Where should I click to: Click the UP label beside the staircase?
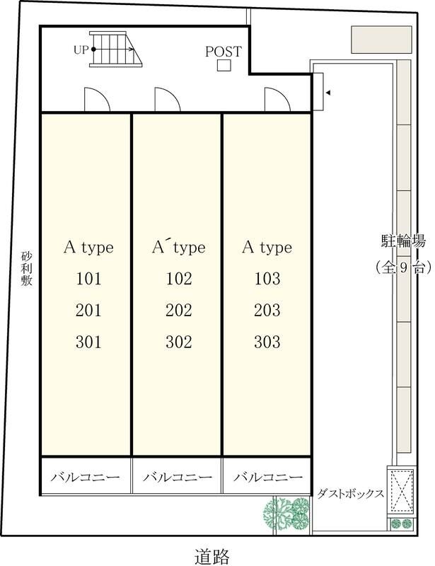coord(81,50)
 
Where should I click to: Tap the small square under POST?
coord(224,65)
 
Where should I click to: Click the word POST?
coord(224,51)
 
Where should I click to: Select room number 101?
coord(88,279)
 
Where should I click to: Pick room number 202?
coord(179,311)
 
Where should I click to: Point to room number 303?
coord(267,342)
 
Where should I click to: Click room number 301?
coord(88,342)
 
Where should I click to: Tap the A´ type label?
coord(179,247)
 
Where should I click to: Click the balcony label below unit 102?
coord(178,477)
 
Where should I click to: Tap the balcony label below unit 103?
coord(268,477)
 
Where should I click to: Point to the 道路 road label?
coord(212,556)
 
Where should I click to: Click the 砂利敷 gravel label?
coord(26,269)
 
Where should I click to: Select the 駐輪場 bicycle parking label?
coord(403,241)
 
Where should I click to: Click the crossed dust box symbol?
coord(401,490)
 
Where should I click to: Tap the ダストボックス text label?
coord(350,493)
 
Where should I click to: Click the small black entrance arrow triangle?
coord(328,93)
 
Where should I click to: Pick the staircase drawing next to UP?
coord(115,49)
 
